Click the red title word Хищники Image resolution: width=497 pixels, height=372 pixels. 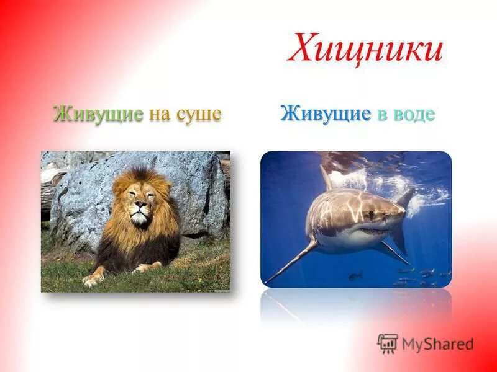click(365, 49)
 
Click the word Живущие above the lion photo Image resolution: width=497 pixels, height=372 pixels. click(98, 114)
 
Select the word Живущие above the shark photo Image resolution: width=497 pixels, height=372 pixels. click(326, 113)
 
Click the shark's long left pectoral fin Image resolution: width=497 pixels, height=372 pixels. click(292, 260)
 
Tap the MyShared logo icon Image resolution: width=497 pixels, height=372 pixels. click(388, 343)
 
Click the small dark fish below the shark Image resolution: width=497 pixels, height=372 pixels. click(355, 275)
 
